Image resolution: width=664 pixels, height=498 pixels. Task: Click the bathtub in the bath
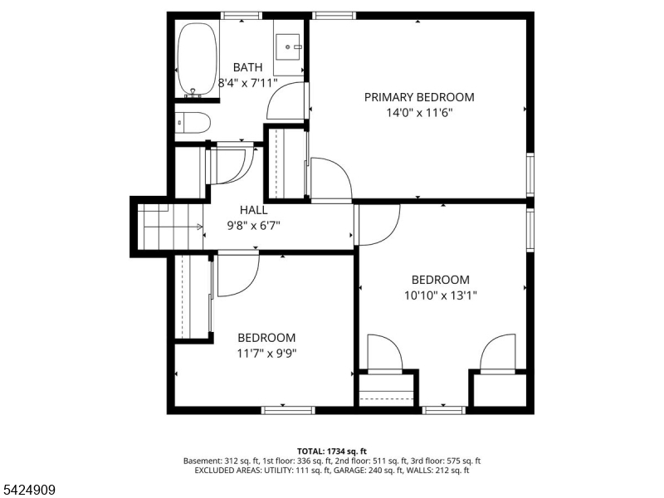(198, 59)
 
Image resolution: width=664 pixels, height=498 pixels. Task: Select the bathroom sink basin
(287, 46)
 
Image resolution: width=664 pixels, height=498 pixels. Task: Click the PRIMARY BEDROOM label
(419, 97)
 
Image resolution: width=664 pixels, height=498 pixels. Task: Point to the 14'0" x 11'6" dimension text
(420, 113)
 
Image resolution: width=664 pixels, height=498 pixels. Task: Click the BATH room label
(247, 67)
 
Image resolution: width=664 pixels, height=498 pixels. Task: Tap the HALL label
(254, 210)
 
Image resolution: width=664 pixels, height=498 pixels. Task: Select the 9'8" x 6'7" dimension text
(254, 226)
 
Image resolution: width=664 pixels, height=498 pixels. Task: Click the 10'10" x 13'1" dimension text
(441, 295)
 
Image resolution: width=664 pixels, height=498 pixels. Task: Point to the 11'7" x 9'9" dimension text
(266, 354)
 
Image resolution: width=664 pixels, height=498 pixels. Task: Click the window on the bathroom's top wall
(242, 16)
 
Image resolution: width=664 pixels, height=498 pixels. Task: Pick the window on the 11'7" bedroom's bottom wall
(288, 410)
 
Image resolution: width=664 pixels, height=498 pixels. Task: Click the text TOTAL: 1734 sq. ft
(331, 452)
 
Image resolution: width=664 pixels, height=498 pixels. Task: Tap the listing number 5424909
(28, 490)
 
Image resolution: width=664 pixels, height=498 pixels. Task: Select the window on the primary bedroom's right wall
(530, 174)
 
